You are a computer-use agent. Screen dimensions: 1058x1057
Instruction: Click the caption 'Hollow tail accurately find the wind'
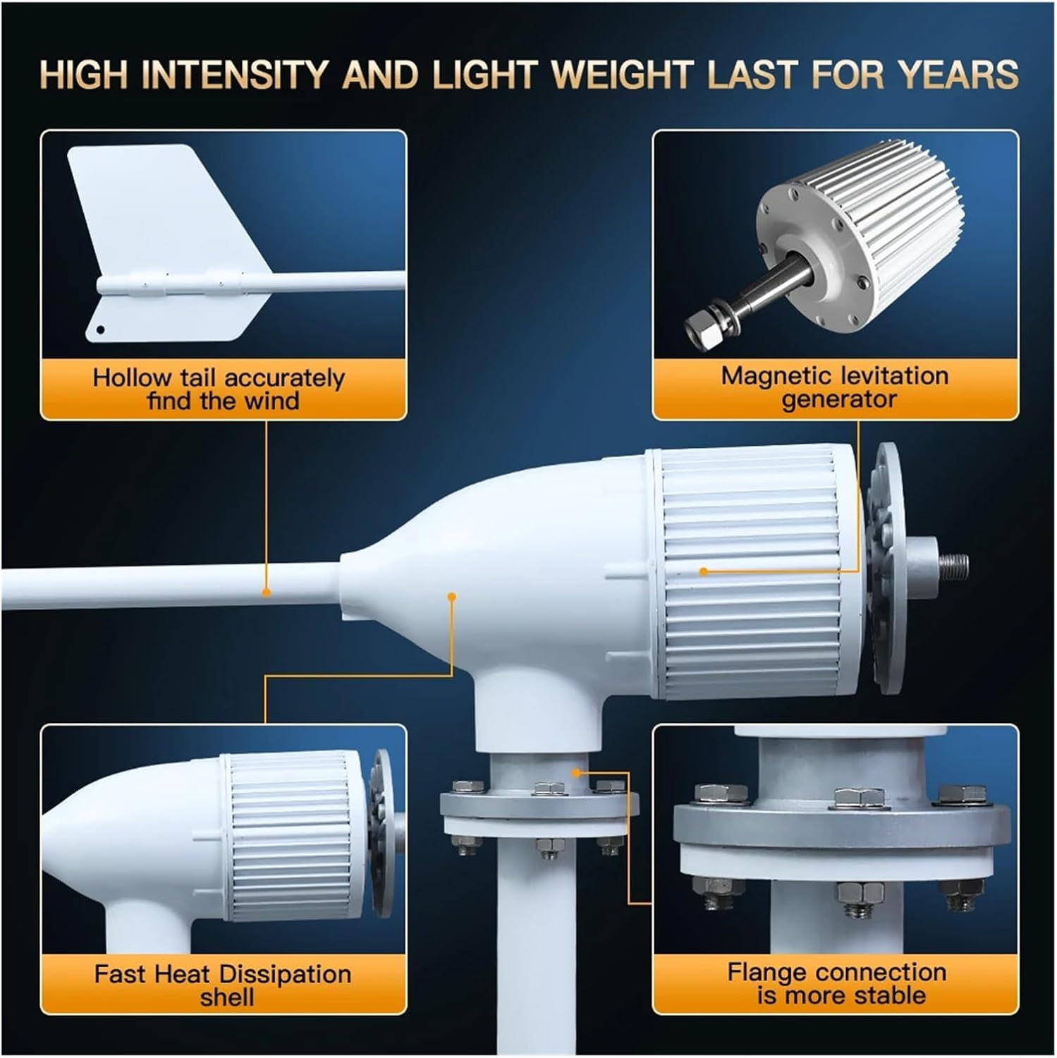coord(219,389)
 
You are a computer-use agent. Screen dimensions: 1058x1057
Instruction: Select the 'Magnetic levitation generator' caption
coord(836,387)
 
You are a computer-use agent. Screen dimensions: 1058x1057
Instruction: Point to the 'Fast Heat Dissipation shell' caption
coord(223,985)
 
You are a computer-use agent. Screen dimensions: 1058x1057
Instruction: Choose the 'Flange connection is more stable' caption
coord(837,984)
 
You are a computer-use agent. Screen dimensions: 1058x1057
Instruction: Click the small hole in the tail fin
coord(101,329)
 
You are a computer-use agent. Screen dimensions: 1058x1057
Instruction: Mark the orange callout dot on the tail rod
coord(267,592)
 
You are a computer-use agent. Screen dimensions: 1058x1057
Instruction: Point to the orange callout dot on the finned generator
coord(703,571)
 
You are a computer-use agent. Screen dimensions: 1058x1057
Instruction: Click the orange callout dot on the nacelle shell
coord(451,597)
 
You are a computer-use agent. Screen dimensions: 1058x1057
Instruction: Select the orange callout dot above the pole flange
coord(577,772)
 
